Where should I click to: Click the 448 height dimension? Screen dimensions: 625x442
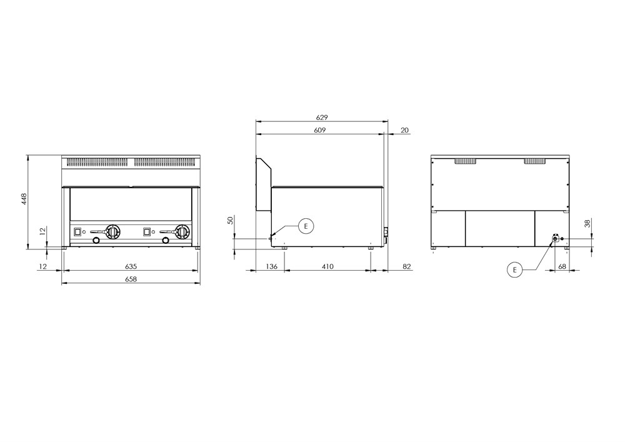click(x=24, y=199)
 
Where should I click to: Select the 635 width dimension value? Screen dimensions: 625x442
click(x=131, y=266)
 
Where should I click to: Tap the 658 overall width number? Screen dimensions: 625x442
click(x=131, y=279)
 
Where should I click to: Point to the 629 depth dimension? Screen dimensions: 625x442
click(x=322, y=118)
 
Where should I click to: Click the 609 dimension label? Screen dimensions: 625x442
click(x=319, y=130)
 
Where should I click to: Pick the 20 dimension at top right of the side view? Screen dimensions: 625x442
click(x=404, y=130)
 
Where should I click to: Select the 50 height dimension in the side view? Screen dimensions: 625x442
click(x=231, y=221)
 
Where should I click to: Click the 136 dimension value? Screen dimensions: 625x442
click(x=271, y=266)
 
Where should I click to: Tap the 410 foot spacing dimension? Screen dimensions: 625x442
click(x=327, y=266)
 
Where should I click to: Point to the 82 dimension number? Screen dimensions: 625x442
click(x=407, y=266)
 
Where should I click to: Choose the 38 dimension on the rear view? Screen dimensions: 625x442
click(x=587, y=224)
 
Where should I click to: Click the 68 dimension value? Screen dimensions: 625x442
click(x=562, y=266)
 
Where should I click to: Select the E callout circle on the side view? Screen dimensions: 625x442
click(x=306, y=226)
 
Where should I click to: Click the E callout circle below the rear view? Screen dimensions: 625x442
click(x=514, y=270)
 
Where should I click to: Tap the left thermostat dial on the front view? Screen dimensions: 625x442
click(x=112, y=231)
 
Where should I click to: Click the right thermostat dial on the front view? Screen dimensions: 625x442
click(x=182, y=231)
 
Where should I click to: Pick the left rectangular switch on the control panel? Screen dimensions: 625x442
click(x=77, y=231)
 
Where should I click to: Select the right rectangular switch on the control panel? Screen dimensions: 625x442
click(x=147, y=231)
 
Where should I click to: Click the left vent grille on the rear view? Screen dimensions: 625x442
click(x=466, y=161)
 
